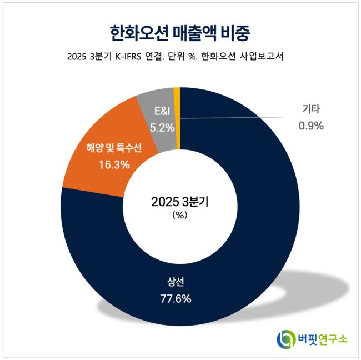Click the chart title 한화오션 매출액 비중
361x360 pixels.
coord(180,31)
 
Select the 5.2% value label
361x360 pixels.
coord(162,127)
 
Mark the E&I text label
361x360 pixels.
coord(162,111)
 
